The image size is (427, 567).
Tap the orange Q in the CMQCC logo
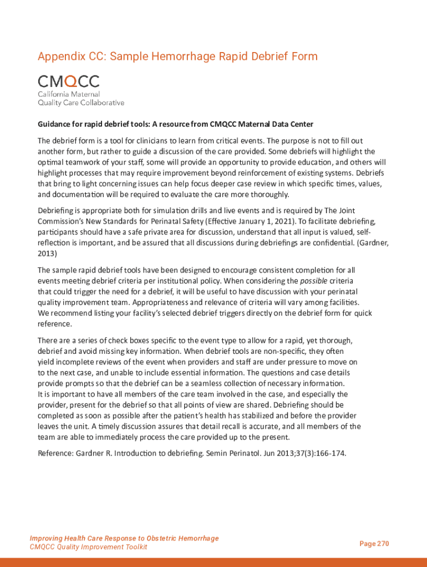click(72, 81)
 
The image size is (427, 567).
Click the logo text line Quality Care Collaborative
click(81, 102)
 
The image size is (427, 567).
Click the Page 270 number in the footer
click(374, 544)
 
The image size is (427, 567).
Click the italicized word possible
click(313, 281)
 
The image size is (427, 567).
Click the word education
click(307, 162)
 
